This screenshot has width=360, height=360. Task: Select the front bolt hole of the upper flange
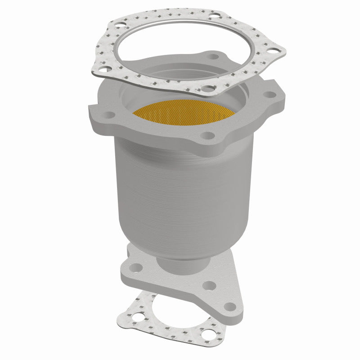207,135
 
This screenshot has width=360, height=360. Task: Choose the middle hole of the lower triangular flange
208,285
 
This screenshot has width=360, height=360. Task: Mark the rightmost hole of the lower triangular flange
230,307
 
